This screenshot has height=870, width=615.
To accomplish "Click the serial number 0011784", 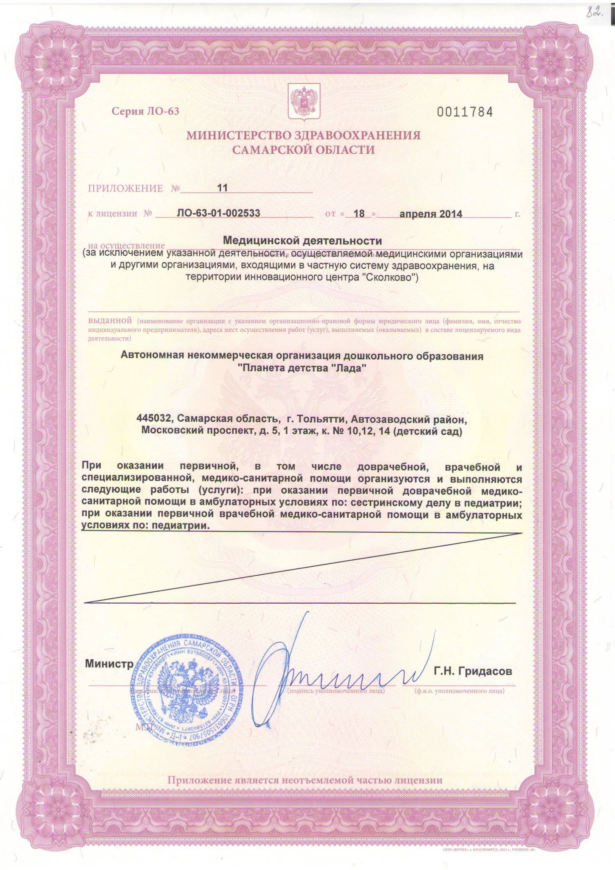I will click(x=465, y=113).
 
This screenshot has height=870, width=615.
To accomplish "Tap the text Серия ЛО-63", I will click(x=145, y=111).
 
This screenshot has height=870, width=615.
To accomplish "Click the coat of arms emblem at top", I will click(x=304, y=101).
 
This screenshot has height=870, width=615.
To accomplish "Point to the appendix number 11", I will click(x=223, y=188).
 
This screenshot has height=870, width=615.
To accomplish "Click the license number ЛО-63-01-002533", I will click(x=218, y=213).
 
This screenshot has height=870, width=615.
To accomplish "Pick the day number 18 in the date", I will click(x=359, y=213).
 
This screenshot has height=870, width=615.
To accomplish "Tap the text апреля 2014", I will click(x=431, y=214).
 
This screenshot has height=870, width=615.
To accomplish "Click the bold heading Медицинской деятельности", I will click(x=302, y=241).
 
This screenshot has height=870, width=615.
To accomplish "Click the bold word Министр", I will click(x=109, y=664).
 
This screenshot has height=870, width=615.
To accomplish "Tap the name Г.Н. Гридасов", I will click(x=473, y=671).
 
